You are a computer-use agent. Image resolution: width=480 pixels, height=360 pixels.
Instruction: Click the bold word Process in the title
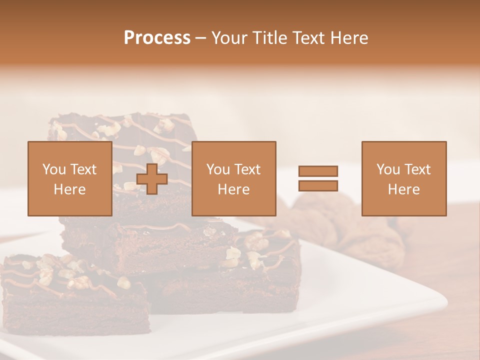[157, 38]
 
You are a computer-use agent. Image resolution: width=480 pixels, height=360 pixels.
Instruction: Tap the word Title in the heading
[269, 38]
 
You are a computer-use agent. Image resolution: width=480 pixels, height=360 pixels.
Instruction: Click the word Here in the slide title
[350, 38]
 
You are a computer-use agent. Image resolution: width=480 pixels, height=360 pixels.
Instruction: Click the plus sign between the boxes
[152, 179]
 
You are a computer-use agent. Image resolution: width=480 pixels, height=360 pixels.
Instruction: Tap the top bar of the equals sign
[318, 171]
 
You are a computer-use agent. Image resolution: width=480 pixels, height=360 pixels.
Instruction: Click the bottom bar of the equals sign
[318, 186]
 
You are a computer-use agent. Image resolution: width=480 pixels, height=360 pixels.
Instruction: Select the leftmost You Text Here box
[69, 179]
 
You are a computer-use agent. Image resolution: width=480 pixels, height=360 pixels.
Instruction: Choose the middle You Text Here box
[233, 179]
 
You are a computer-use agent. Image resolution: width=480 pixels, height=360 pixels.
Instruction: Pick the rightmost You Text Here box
[403, 179]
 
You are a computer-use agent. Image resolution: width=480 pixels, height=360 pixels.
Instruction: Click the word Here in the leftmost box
[69, 189]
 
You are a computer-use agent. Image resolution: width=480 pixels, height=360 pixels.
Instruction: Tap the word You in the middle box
[217, 169]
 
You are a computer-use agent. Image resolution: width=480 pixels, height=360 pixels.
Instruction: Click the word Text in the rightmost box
[417, 169]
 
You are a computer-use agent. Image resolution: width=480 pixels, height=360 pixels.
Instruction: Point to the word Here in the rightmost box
[403, 189]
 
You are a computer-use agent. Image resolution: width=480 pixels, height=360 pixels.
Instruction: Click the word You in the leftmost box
[53, 169]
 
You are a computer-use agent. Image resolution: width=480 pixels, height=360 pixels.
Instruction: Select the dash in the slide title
[200, 38]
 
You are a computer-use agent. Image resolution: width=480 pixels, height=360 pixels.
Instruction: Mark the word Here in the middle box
[233, 189]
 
